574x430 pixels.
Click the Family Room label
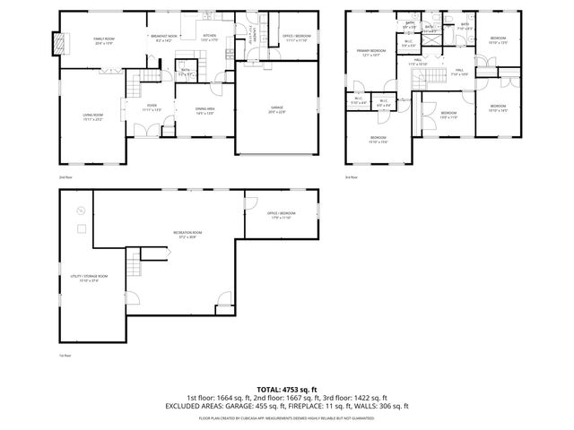click(103, 41)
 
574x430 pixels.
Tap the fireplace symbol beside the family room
click(61, 42)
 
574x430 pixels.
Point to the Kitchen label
click(208, 38)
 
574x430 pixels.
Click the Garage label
click(277, 109)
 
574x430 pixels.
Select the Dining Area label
click(205, 110)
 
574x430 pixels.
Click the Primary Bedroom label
click(372, 53)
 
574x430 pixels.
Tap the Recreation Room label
click(187, 234)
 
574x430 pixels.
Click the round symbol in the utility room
click(80, 211)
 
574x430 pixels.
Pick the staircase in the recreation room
click(136, 265)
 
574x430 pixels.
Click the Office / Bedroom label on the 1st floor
click(281, 214)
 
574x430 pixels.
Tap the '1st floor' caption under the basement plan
click(65, 355)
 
